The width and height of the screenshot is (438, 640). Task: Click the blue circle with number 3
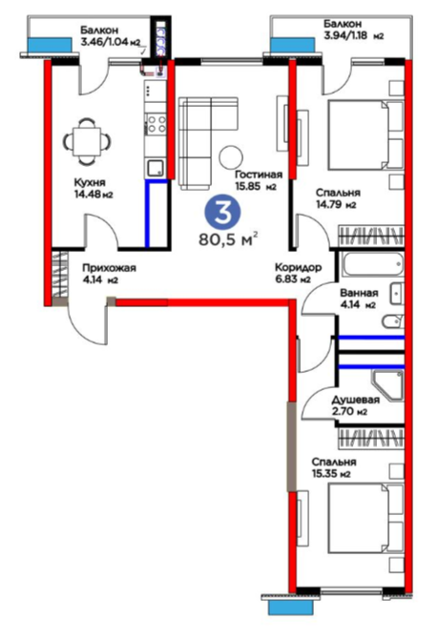pyautogui.click(x=222, y=212)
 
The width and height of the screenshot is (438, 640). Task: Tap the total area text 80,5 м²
pyautogui.click(x=228, y=239)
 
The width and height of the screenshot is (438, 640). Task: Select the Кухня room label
pyautogui.click(x=90, y=182)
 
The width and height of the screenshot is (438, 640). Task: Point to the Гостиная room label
pyautogui.click(x=259, y=175)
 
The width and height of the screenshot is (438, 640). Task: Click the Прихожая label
pyautogui.click(x=109, y=268)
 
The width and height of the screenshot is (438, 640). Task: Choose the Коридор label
pyautogui.click(x=299, y=267)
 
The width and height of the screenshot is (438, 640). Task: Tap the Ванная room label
pyautogui.click(x=359, y=293)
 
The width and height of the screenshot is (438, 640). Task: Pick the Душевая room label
pyautogui.click(x=355, y=400)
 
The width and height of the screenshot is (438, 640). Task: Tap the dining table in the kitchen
pyautogui.click(x=87, y=141)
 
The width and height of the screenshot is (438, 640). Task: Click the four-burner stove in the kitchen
pyautogui.click(x=156, y=123)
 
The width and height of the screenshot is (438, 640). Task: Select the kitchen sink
pyautogui.click(x=156, y=168)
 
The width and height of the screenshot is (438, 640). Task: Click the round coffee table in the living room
pyautogui.click(x=231, y=157)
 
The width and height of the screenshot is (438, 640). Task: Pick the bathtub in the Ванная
pyautogui.click(x=373, y=264)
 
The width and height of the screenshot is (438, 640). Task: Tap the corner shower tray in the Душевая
pyautogui.click(x=387, y=385)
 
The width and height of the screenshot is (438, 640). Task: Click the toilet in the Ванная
pyautogui.click(x=393, y=322)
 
